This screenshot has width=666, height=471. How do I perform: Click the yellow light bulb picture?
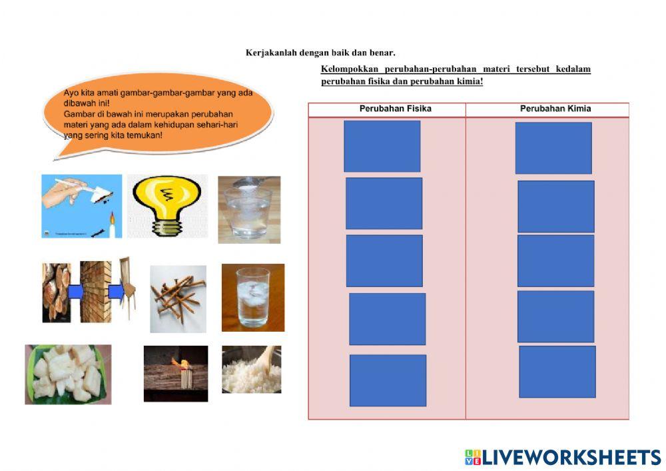[167, 206]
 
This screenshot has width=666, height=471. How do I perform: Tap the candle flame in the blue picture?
[112, 218]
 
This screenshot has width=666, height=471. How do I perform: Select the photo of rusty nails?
[178, 299]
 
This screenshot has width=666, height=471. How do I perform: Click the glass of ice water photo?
[253, 298]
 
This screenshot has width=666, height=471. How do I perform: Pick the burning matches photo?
[176, 374]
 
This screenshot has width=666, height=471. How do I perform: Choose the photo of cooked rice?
[252, 370]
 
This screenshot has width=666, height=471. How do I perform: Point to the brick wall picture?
[95, 292]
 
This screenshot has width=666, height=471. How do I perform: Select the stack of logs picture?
[57, 292]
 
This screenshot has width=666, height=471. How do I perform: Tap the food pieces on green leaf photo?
[68, 374]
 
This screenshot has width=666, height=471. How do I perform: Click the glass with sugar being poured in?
[249, 210]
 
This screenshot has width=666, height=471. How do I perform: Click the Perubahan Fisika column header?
[396, 109]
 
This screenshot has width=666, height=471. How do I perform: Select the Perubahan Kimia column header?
[555, 109]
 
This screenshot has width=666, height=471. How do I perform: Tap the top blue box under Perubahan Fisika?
[382, 146]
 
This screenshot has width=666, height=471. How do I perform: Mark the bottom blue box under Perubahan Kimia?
[557, 372]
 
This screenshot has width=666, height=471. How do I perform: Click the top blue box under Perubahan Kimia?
[553, 148]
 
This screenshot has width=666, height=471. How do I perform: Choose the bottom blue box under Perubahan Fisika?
[388, 380]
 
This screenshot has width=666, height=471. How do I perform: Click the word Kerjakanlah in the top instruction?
[271, 53]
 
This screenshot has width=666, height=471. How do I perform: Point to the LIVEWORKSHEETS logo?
[563, 458]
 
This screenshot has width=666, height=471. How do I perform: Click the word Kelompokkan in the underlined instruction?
[350, 69]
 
